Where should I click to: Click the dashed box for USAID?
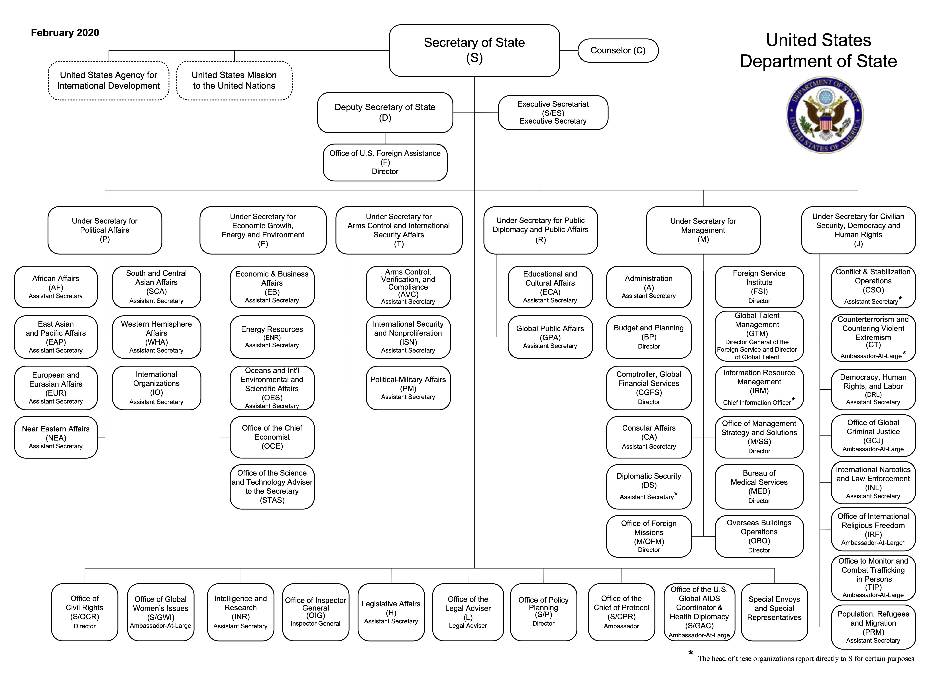108,81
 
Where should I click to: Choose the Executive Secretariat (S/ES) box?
553,112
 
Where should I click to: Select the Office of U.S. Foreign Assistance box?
385,162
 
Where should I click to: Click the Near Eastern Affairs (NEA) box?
56,437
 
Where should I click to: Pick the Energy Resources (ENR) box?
272,337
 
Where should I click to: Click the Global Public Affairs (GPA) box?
550,337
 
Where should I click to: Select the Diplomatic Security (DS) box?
649,486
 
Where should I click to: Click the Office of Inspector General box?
316,612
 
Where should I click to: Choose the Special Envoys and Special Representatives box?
774,612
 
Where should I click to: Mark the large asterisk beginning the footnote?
690,653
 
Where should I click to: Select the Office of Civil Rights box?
85,612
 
